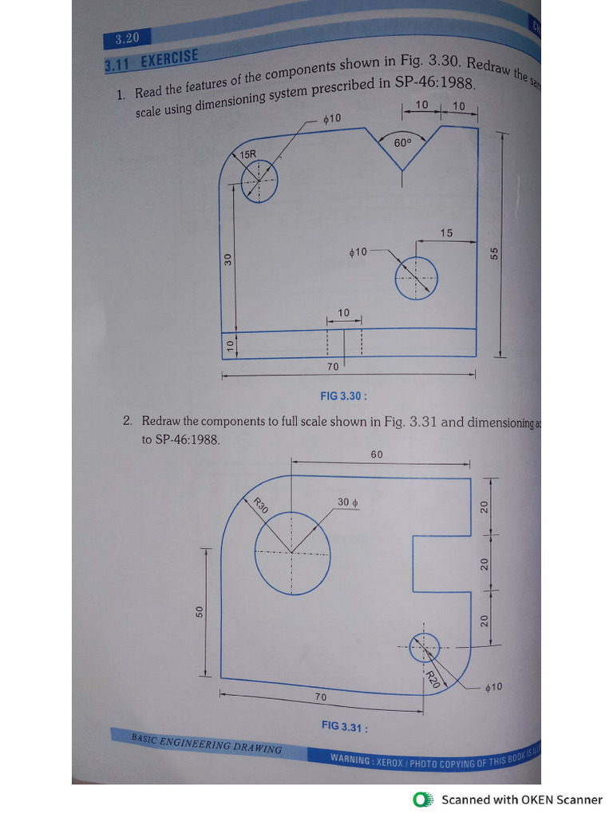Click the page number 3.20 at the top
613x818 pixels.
[128, 38]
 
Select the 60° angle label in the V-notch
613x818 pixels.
[402, 143]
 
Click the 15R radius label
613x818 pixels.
[248, 153]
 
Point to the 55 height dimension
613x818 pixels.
[495, 252]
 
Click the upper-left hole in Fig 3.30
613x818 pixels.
[259, 180]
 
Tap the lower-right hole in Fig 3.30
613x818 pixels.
[416, 277]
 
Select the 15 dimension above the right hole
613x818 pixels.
[446, 233]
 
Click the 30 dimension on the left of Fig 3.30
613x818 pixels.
[227, 259]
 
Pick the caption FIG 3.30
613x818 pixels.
[343, 395]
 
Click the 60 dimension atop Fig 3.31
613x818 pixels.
[377, 455]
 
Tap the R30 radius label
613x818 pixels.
[260, 505]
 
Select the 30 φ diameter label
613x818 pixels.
[348, 502]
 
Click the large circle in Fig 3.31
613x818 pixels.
[292, 552]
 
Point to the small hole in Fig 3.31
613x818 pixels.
[425, 646]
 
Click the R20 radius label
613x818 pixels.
[431, 680]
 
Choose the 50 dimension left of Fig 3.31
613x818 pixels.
[200, 612]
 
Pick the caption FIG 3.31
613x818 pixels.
[344, 726]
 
